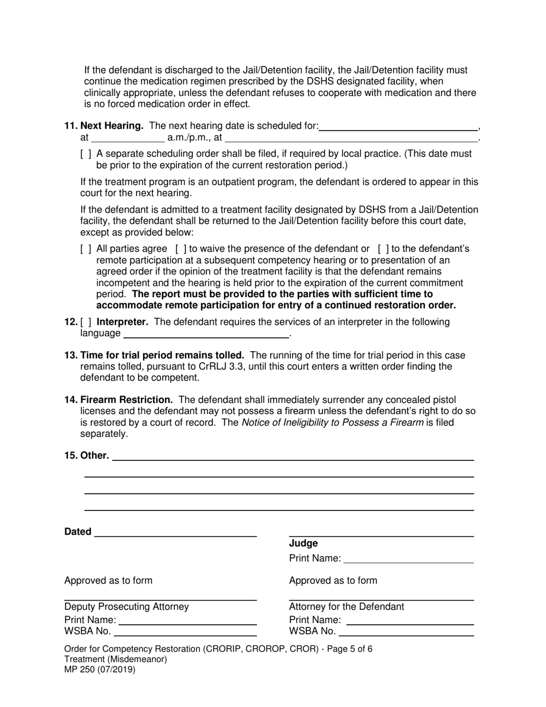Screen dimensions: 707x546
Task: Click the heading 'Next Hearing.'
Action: pos(111,126)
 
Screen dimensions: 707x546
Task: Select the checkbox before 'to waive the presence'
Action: pos(180,249)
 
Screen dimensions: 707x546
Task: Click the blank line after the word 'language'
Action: pos(206,333)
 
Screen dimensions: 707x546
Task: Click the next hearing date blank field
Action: pos(398,126)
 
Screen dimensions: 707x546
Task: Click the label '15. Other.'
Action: pos(87,455)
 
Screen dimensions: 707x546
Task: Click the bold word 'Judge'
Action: pos(303,543)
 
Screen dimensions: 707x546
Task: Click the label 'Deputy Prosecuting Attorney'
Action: pos(126,606)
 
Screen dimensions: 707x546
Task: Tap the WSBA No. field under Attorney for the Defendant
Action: pos(406,632)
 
